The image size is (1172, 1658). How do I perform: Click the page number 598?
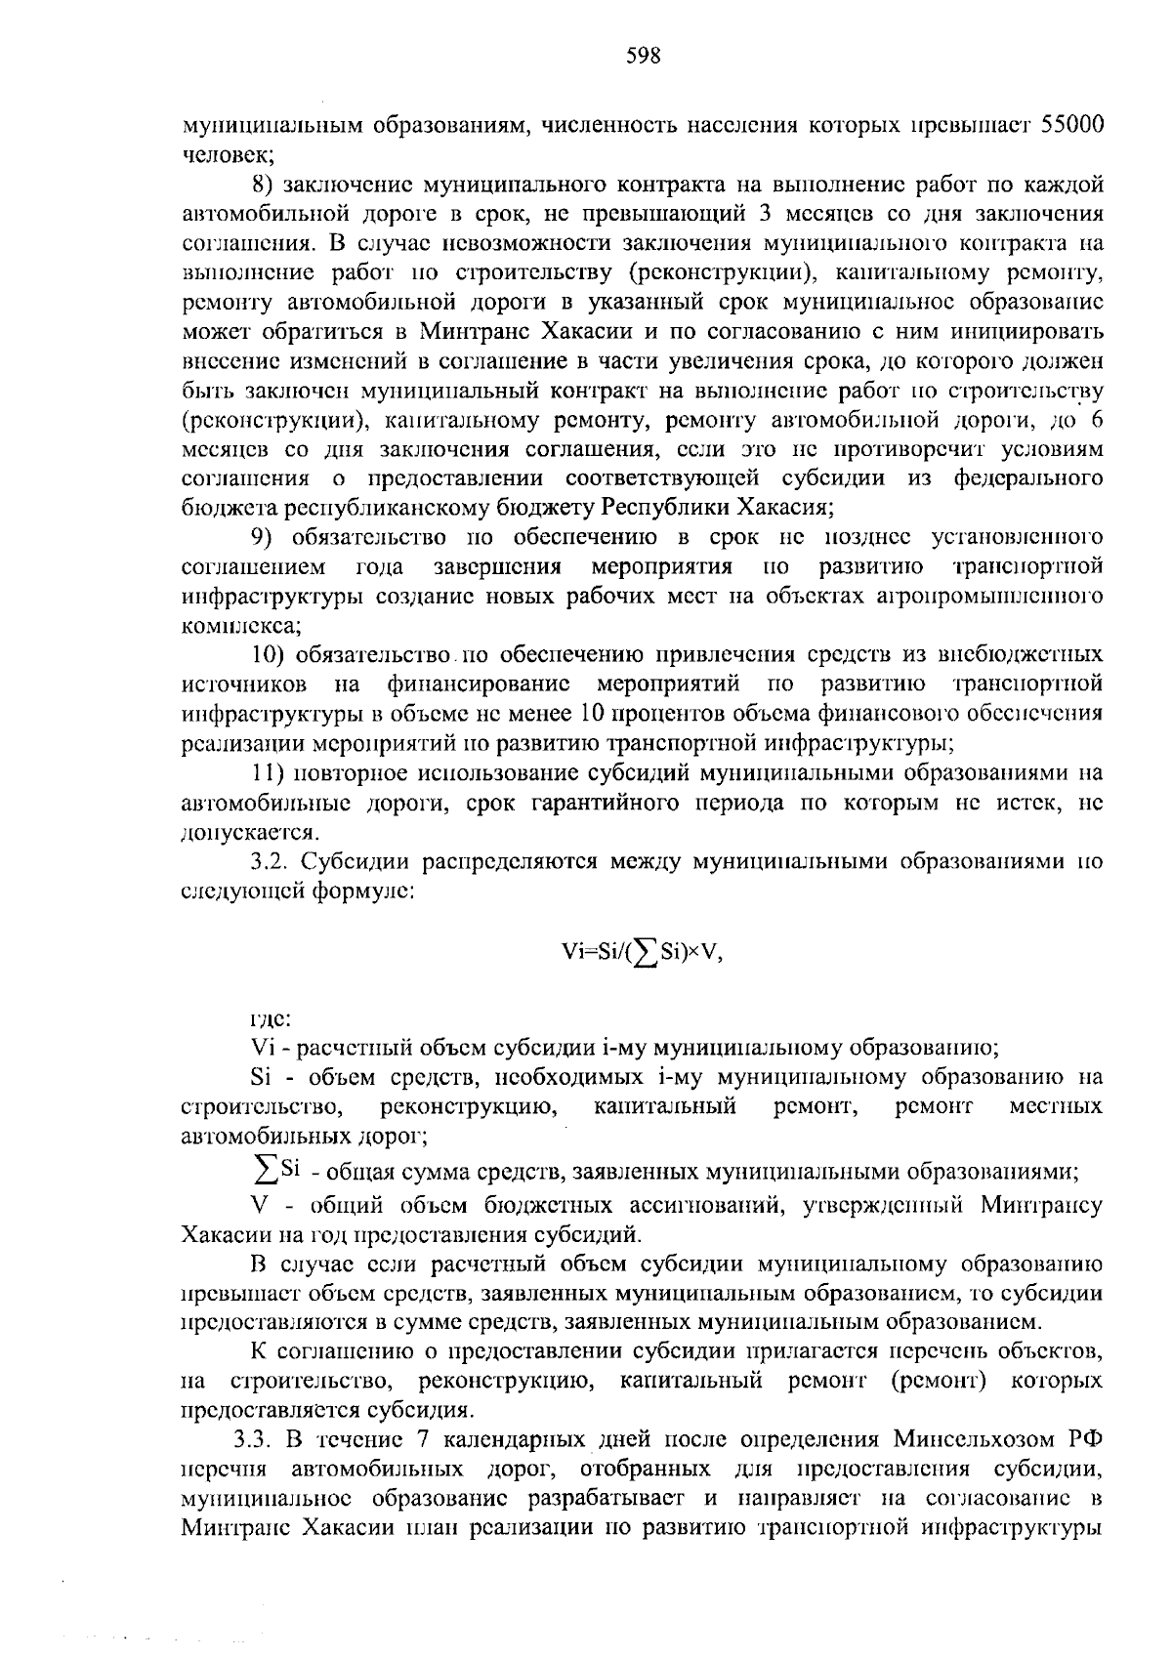tap(644, 57)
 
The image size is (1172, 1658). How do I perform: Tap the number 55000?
tap(1072, 125)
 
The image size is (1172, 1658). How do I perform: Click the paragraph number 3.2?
tap(271, 862)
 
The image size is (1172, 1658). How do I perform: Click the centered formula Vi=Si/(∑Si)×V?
tap(643, 954)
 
